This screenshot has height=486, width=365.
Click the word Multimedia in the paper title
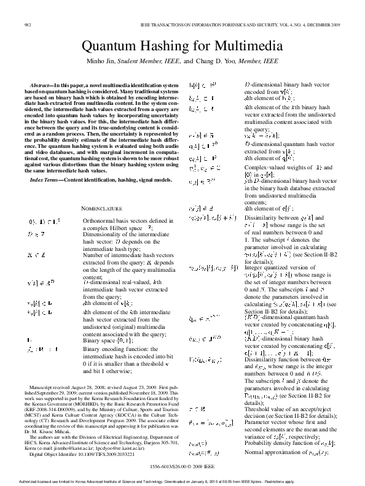click(x=249, y=47)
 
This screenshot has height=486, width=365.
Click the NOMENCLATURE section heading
click(x=101, y=209)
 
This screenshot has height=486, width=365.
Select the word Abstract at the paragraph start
click(x=40, y=83)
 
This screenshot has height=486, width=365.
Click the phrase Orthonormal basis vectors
click(x=110, y=220)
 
